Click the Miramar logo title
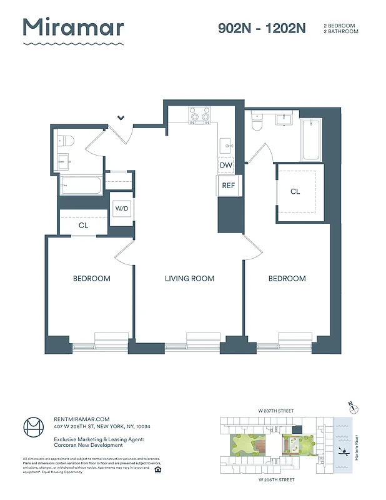pyautogui.click(x=73, y=27)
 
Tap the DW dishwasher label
pyautogui.click(x=226, y=165)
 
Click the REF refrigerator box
pyautogui.click(x=226, y=186)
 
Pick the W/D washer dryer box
pyautogui.click(x=121, y=209)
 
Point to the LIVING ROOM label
pyautogui.click(x=189, y=279)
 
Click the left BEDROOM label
pyautogui.click(x=91, y=279)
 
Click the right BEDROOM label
pyautogui.click(x=287, y=279)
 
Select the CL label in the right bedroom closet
pyautogui.click(x=295, y=192)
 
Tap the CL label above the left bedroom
pyautogui.click(x=83, y=226)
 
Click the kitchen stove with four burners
pyautogui.click(x=200, y=116)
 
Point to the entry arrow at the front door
pyautogui.click(x=121, y=117)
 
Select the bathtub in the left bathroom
pyautogui.click(x=81, y=186)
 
